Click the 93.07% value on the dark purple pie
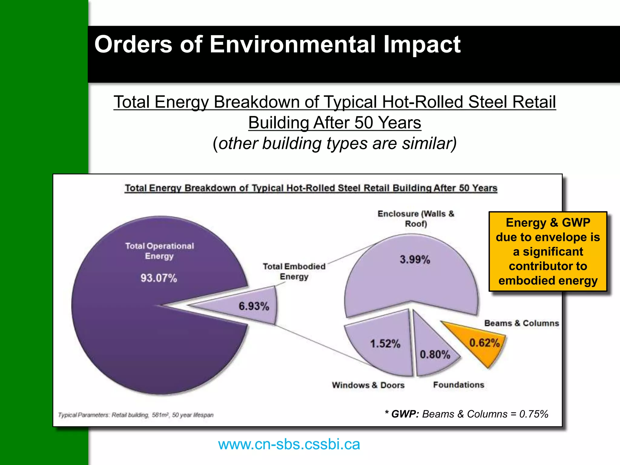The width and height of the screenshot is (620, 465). pos(159,278)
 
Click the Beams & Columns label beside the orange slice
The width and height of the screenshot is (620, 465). pos(521,323)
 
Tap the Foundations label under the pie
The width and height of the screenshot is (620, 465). pos(458,385)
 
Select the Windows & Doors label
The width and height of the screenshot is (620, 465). pos(368,385)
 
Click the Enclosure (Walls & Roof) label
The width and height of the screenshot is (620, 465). pos(416,219)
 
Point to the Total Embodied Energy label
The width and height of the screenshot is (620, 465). pos(294,271)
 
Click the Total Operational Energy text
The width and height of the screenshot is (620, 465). pos(160,251)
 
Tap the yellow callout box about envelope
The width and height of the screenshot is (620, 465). pos(548,251)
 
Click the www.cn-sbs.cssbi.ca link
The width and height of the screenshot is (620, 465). pos(289,444)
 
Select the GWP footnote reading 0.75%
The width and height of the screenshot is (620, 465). pos(467,414)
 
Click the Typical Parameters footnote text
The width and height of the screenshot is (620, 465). pos(136,415)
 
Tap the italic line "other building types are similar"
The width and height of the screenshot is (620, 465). pos(335,143)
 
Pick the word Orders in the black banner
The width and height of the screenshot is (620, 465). pos(133,44)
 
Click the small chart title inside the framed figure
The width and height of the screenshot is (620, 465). pos(311,188)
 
